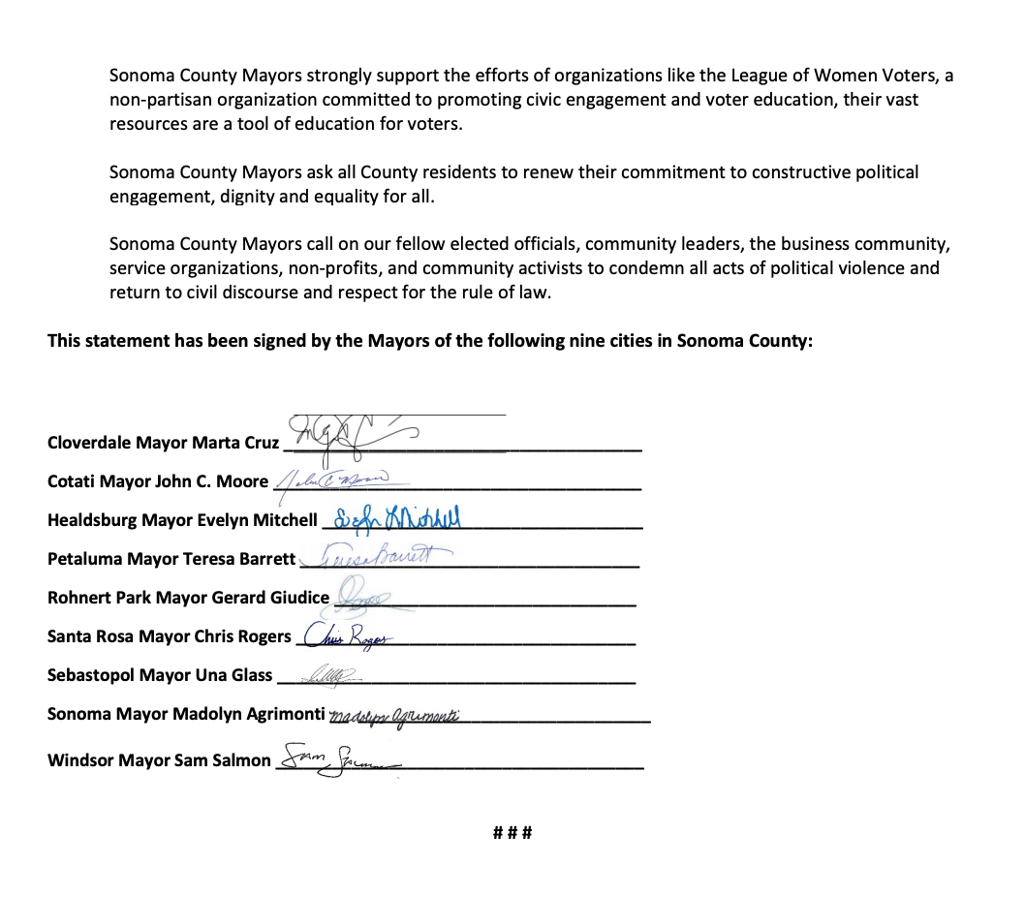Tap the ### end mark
(x=512, y=832)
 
